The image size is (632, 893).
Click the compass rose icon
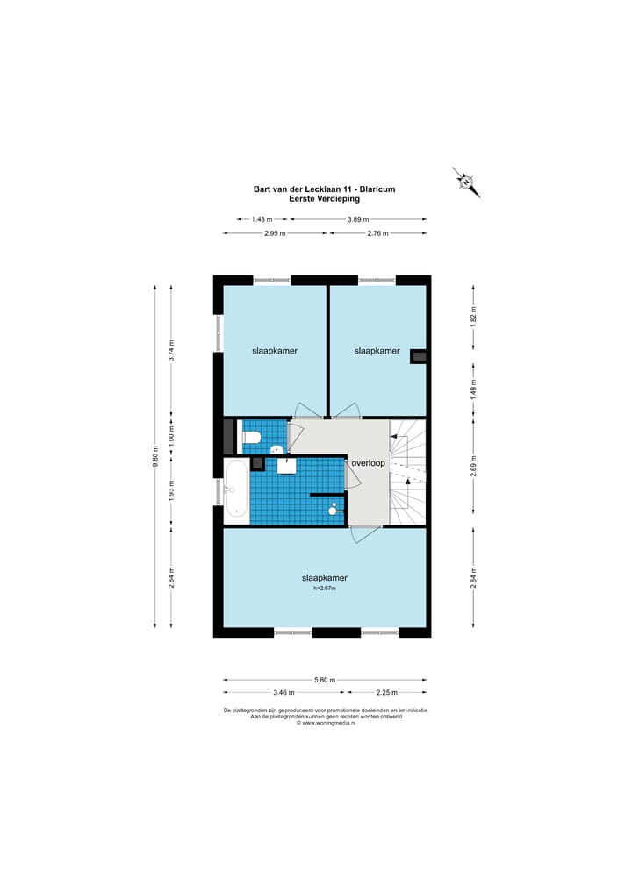(466, 182)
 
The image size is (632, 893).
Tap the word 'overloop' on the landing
(368, 463)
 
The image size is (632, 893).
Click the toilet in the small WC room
(251, 438)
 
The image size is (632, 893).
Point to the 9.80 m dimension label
(155, 456)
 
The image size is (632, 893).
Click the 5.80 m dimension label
(325, 680)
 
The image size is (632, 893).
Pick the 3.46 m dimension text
(284, 692)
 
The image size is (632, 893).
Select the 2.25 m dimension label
(386, 692)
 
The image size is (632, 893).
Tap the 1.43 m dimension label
(262, 219)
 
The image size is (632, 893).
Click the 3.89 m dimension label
(358, 219)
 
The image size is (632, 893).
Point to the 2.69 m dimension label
(474, 465)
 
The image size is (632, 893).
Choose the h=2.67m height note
(325, 589)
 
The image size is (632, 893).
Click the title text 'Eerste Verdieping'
(324, 199)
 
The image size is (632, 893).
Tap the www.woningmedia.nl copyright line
(326, 723)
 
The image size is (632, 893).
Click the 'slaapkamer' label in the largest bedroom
(325, 578)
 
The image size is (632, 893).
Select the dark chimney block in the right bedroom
(419, 355)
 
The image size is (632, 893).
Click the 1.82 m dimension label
(474, 317)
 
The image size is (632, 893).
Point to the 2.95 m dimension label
(275, 233)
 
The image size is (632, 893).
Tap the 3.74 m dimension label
(171, 350)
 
